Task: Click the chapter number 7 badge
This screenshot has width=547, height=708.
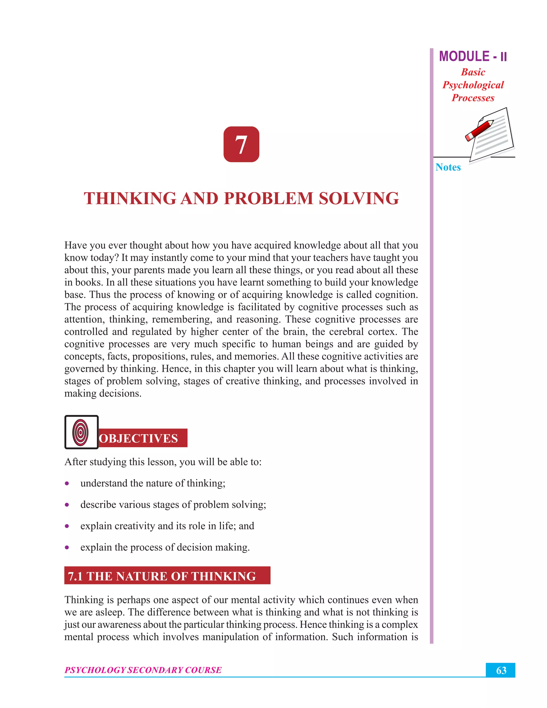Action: (241, 144)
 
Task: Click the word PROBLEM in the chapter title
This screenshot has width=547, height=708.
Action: (268, 199)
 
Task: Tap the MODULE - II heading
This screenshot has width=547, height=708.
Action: (473, 57)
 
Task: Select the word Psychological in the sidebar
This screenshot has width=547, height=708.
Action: (473, 85)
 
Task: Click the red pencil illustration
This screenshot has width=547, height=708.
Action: (479, 130)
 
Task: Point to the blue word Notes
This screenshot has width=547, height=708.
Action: (448, 167)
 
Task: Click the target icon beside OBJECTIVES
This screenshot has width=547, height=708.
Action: (81, 432)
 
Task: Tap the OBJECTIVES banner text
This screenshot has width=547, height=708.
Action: (139, 438)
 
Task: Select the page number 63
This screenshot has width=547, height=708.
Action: (501, 670)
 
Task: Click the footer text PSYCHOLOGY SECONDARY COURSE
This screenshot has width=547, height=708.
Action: (143, 670)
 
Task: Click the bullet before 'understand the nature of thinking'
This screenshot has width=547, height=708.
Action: (67, 483)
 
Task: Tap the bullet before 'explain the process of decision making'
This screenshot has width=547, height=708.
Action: (67, 547)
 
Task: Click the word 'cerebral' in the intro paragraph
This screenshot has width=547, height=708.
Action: (347, 332)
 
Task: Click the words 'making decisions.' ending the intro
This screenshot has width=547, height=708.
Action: (103, 393)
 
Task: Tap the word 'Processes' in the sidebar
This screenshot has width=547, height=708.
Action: (473, 98)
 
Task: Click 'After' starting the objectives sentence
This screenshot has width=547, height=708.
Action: (75, 462)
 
